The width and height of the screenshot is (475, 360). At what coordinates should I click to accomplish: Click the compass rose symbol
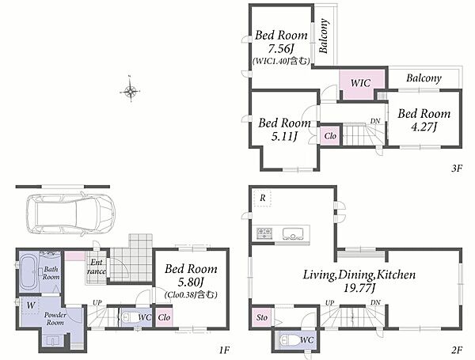click(131, 90)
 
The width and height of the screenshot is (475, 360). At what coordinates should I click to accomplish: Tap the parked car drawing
click(70, 214)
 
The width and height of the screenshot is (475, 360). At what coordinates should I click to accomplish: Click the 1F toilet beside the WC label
click(127, 318)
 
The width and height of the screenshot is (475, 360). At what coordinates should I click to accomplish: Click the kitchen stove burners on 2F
click(264, 233)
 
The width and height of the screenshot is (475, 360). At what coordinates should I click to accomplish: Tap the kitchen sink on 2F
click(293, 233)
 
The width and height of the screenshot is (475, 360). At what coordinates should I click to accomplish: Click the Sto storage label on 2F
click(262, 317)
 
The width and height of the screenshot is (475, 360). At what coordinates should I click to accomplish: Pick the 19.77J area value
click(359, 288)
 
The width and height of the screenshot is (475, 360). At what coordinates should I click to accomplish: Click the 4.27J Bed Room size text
click(424, 127)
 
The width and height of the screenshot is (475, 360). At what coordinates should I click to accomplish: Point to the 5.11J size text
click(284, 137)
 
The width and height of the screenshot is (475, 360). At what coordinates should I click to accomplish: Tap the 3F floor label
click(457, 168)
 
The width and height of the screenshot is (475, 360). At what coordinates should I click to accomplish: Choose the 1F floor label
click(224, 351)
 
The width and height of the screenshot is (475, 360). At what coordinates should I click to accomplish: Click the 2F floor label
click(457, 351)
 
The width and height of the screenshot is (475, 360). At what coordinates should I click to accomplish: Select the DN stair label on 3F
click(375, 121)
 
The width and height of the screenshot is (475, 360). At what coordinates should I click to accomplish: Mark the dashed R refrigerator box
click(262, 198)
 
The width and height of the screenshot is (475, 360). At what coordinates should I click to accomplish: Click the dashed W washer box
click(30, 305)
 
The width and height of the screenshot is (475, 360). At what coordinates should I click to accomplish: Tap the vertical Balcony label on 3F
click(324, 36)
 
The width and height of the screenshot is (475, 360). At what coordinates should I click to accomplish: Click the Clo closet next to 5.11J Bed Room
click(330, 136)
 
